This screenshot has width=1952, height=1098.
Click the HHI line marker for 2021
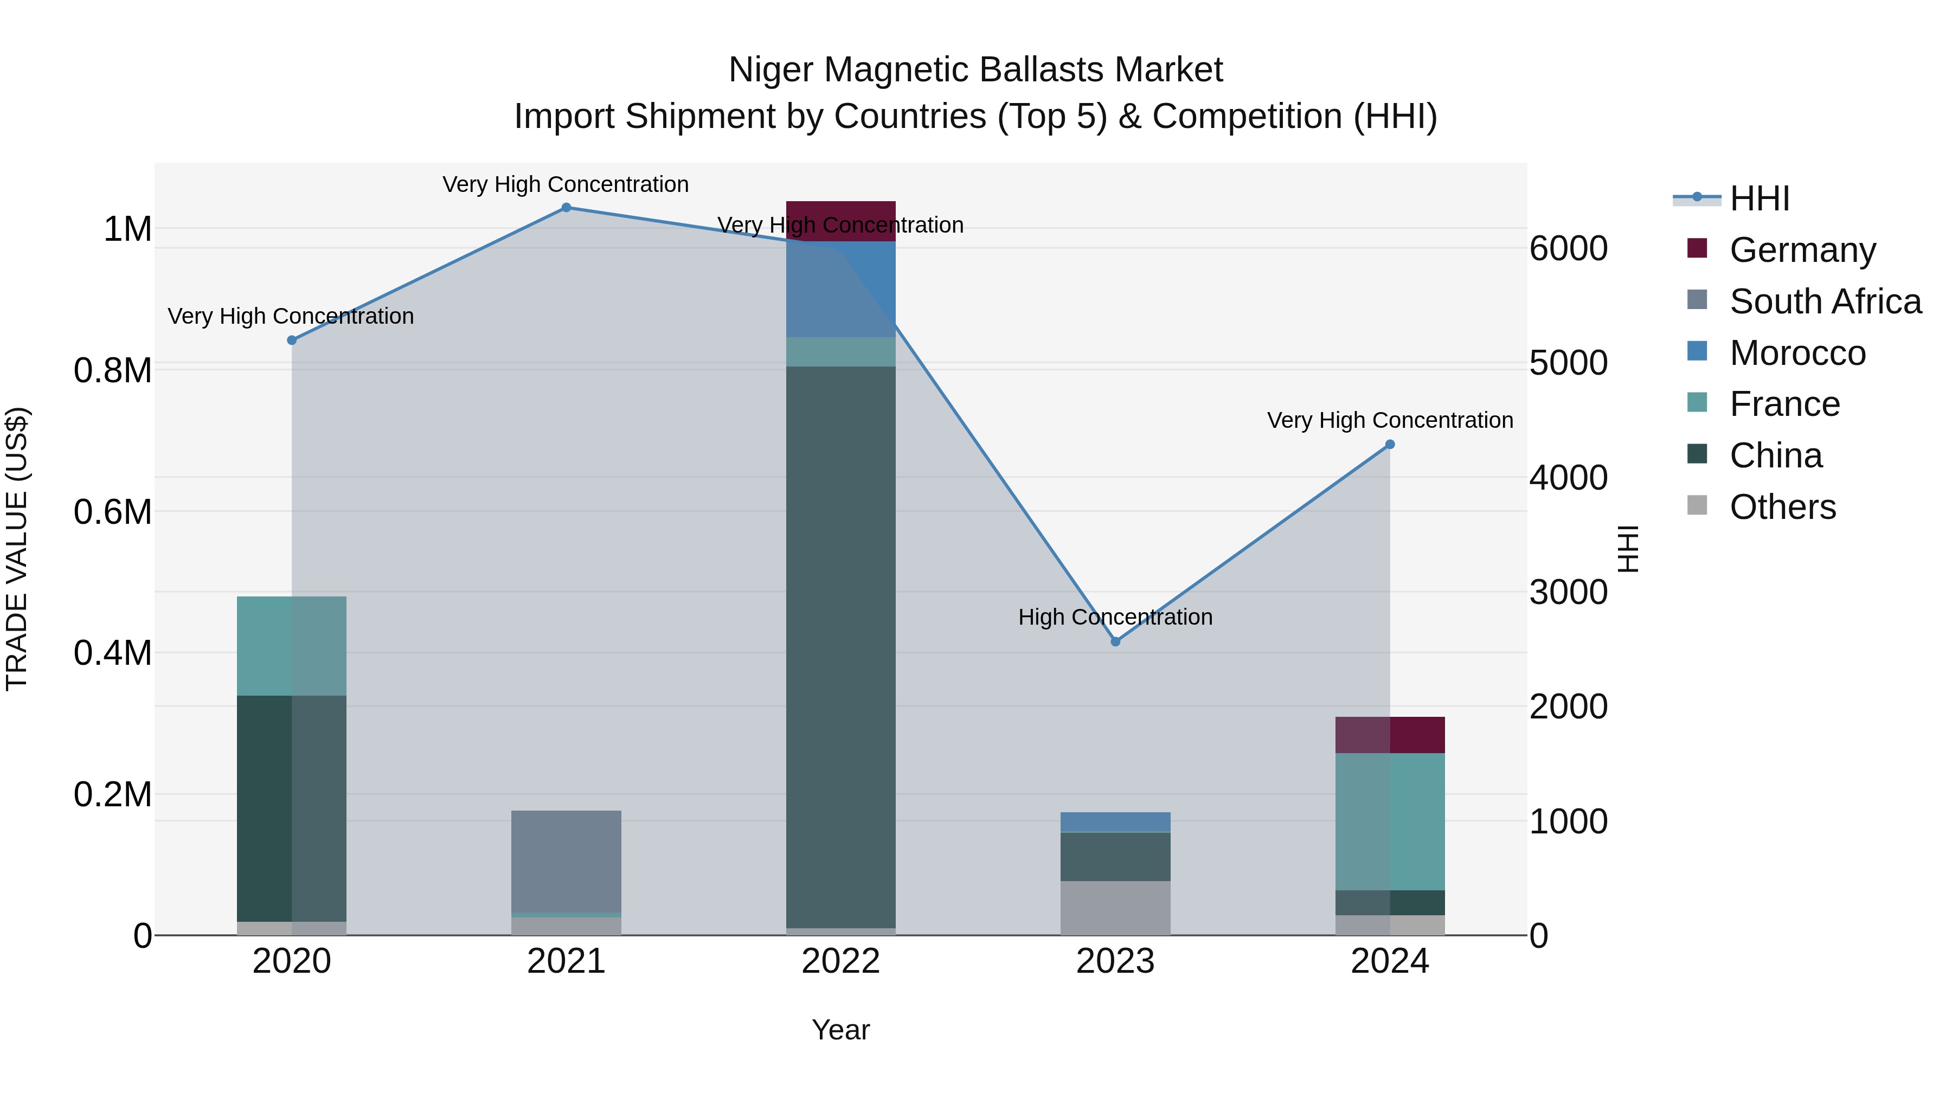tap(566, 208)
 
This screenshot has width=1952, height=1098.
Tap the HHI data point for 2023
tap(1115, 642)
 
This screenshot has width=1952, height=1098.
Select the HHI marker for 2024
tap(1390, 445)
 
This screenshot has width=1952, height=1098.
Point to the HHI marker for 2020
tap(292, 340)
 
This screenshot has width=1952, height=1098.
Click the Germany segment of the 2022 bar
tap(840, 221)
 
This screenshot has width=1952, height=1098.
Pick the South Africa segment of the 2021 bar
tap(566, 862)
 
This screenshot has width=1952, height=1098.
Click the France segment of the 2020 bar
tap(292, 646)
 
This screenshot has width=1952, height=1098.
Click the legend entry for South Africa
tap(1825, 301)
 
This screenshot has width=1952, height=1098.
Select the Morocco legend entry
tap(1797, 353)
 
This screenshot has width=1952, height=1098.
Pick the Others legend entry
tap(1782, 507)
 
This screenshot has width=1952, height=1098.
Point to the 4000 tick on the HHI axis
tap(1568, 478)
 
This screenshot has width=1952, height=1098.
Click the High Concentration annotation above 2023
tap(1115, 617)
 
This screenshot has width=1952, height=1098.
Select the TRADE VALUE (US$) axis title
tap(17, 549)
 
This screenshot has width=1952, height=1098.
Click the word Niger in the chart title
tap(770, 70)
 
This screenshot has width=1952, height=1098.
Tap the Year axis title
tap(840, 1031)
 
